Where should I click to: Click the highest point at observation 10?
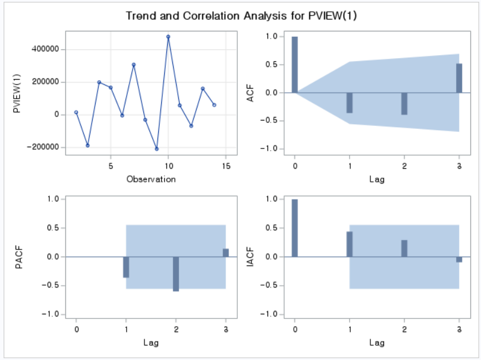[x=168, y=37]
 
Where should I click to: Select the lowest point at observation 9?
[x=157, y=149]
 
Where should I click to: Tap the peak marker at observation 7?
[x=134, y=65]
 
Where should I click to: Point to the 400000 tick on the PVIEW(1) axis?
[x=45, y=49]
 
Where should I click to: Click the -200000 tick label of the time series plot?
[x=43, y=147]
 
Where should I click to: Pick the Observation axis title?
[x=151, y=179]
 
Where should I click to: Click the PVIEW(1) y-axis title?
[x=17, y=93]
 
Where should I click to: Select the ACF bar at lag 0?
[x=294, y=65]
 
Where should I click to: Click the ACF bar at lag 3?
[x=459, y=78]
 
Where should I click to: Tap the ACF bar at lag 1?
[x=350, y=103]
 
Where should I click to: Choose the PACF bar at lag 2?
[x=176, y=274]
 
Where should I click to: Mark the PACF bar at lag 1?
[x=126, y=267]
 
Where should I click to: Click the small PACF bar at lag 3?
[x=226, y=252]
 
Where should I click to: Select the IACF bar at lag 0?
[x=294, y=228]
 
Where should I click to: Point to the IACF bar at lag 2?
[x=404, y=248]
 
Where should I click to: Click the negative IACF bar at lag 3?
[x=459, y=260]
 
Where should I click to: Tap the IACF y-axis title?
[x=251, y=257]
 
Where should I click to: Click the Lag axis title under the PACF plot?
[x=151, y=342]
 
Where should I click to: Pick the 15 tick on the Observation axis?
[x=226, y=166]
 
